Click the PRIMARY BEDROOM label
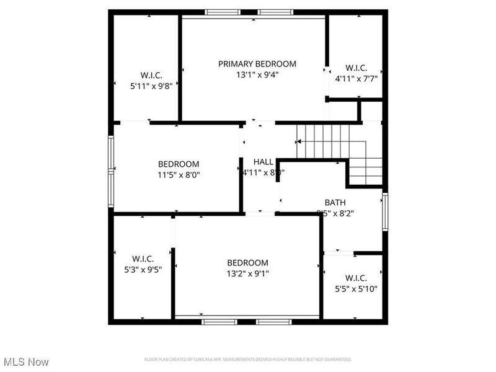pyautogui.click(x=257, y=64)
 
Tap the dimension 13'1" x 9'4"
pyautogui.click(x=257, y=75)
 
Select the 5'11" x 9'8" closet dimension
pyautogui.click(x=151, y=86)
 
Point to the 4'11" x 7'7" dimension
pyautogui.click(x=356, y=79)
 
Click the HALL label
pyautogui.click(x=263, y=162)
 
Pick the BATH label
pyautogui.click(x=335, y=202)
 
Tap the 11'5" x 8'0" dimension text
pyautogui.click(x=179, y=175)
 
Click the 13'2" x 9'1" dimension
pyautogui.click(x=247, y=273)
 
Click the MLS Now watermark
pyautogui.click(x=26, y=361)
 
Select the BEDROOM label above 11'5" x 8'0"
pyautogui.click(x=179, y=164)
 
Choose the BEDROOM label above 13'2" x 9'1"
pyautogui.click(x=247, y=262)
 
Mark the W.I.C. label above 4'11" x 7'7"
pyautogui.click(x=356, y=68)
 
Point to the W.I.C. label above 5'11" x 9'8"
pyautogui.click(x=151, y=75)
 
